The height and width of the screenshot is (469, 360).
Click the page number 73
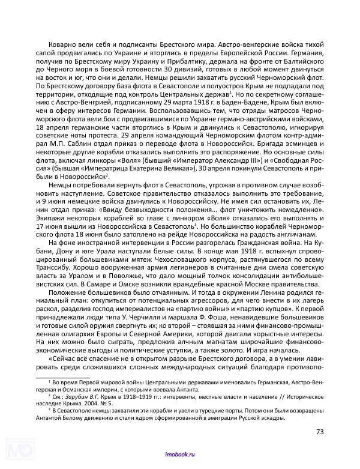(319, 431)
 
